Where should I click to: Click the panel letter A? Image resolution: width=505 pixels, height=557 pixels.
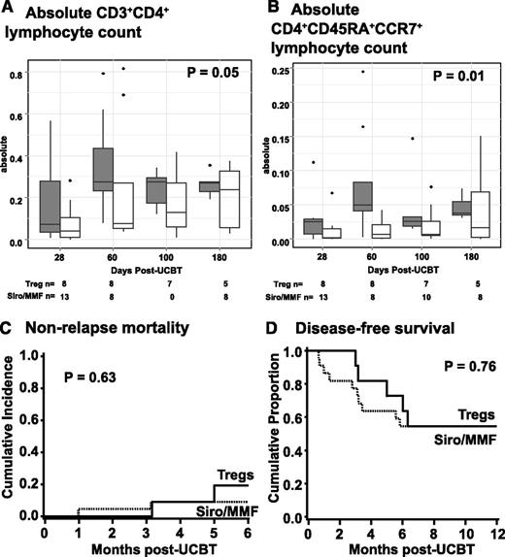(10, 11)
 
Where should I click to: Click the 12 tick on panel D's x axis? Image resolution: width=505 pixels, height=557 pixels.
(497, 534)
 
